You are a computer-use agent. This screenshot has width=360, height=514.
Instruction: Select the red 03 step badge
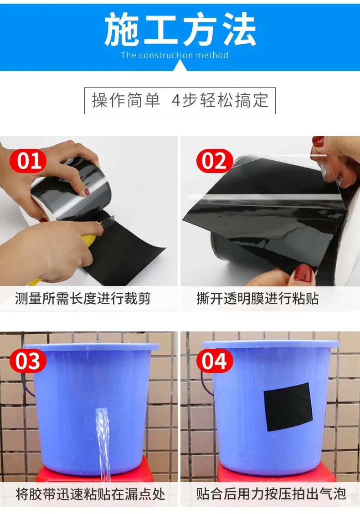pyautogui.click(x=28, y=361)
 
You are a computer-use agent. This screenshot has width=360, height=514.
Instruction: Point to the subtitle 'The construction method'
pyautogui.click(x=175, y=56)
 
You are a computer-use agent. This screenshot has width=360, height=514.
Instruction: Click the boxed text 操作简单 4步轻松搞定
pyautogui.click(x=180, y=101)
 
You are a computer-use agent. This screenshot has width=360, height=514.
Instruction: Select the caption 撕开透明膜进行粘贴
pyautogui.click(x=257, y=299)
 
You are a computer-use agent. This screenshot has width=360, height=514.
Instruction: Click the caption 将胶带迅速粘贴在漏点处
pyautogui.click(x=90, y=494)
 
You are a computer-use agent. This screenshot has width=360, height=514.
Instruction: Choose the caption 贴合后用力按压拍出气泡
pyautogui.click(x=271, y=494)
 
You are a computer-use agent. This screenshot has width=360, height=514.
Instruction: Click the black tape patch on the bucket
pyautogui.click(x=288, y=407)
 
